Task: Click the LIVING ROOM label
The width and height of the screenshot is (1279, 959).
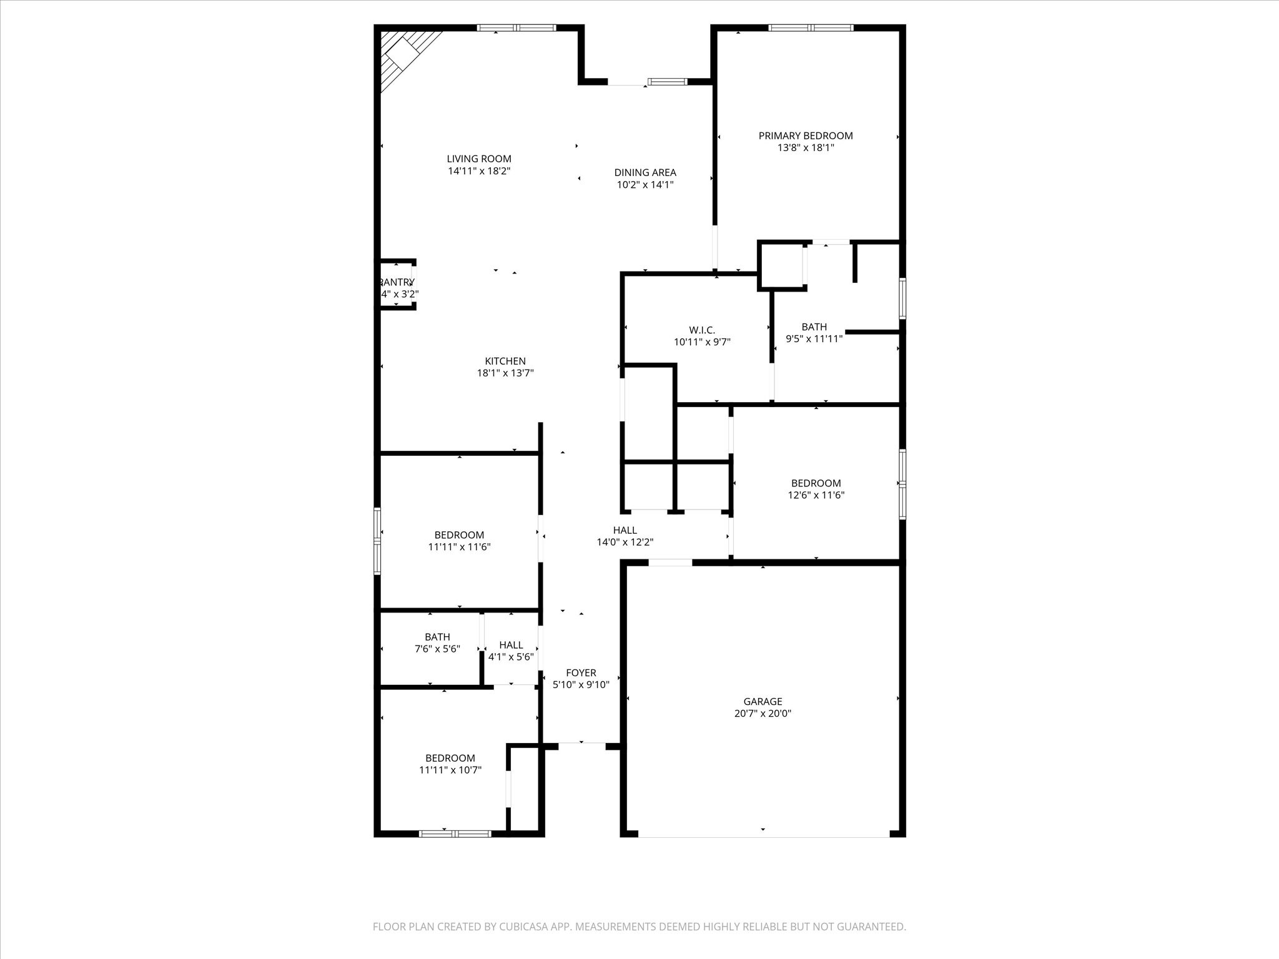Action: (479, 159)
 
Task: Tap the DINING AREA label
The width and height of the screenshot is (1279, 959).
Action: (645, 172)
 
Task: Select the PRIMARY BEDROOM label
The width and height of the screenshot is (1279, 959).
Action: (806, 135)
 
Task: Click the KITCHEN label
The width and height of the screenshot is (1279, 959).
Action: (505, 361)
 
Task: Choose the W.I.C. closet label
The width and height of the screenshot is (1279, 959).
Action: (702, 330)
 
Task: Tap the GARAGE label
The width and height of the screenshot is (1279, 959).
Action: (763, 701)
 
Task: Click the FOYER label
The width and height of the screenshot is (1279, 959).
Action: (581, 672)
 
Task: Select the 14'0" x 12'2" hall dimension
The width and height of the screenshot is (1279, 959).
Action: (625, 543)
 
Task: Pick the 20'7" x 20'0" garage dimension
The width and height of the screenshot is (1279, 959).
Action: (763, 714)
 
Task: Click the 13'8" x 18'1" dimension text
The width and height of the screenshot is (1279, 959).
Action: (806, 148)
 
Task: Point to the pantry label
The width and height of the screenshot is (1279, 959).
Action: (397, 282)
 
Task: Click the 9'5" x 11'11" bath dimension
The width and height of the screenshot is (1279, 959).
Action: (814, 339)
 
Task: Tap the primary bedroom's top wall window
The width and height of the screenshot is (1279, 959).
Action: (811, 27)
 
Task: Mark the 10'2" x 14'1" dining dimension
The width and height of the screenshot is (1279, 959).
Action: (645, 185)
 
